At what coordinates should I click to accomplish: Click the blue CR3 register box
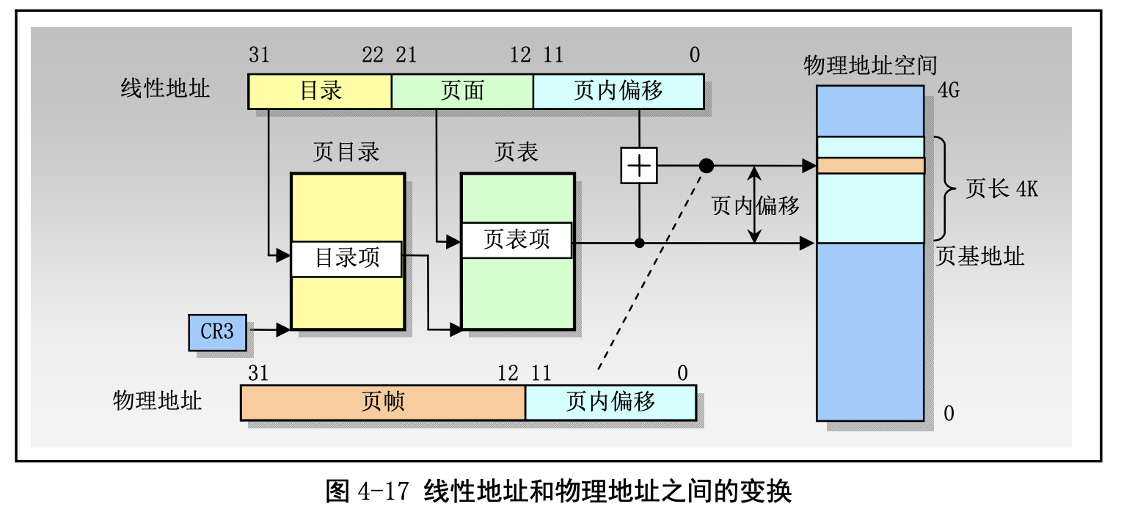coord(217,332)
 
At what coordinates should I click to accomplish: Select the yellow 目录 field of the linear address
coord(320,90)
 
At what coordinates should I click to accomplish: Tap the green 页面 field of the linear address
coord(462,90)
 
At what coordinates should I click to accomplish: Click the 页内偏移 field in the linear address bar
coord(618,90)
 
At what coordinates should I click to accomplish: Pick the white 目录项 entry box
coord(346,258)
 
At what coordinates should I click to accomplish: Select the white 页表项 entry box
coord(516,240)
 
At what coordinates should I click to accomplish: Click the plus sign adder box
coord(639,167)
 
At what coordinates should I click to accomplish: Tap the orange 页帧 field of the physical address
coord(382,402)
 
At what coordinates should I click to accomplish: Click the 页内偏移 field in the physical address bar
coord(610,402)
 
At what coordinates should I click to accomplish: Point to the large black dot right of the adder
coord(706,167)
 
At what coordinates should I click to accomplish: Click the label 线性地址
coord(165,89)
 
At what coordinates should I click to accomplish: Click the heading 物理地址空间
coord(870,65)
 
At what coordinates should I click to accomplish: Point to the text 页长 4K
coord(1001,190)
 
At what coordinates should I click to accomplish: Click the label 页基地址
coord(980,257)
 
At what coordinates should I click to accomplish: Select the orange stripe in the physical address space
coord(870,166)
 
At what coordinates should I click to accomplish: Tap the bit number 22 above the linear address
coord(372,55)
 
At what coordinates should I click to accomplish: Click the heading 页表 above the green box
coord(516,152)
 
